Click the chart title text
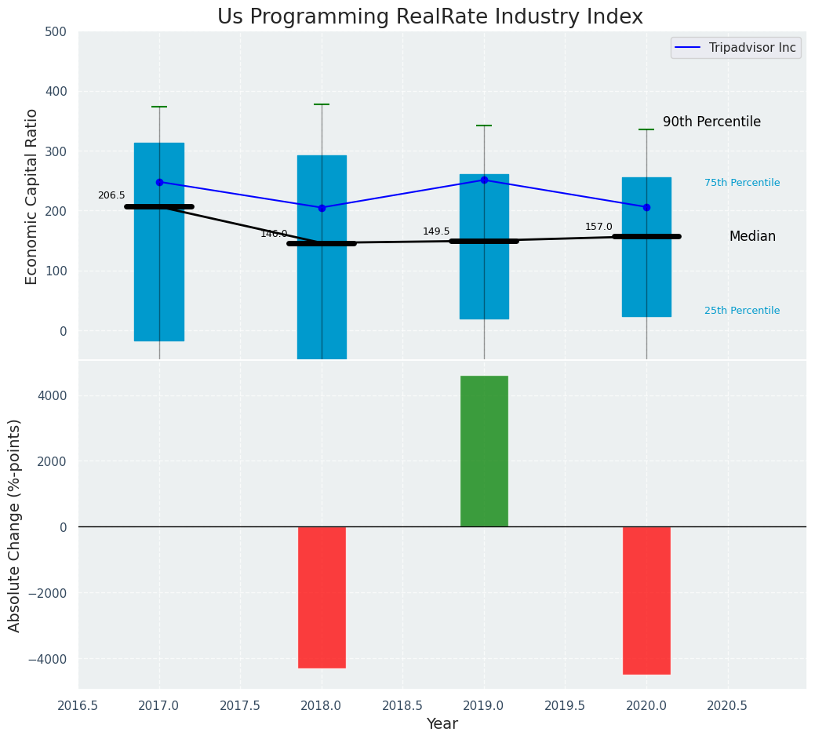pyautogui.click(x=430, y=17)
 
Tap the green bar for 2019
pyautogui.click(x=484, y=451)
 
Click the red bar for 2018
pyautogui.click(x=322, y=597)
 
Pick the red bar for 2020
pyautogui.click(x=646, y=600)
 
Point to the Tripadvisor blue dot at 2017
pyautogui.click(x=159, y=182)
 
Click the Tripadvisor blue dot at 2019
pyautogui.click(x=484, y=180)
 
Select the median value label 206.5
pyautogui.click(x=111, y=195)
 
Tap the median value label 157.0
pyautogui.click(x=599, y=227)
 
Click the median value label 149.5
pyautogui.click(x=436, y=231)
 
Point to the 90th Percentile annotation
pyautogui.click(x=711, y=122)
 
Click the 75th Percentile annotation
pyautogui.click(x=742, y=183)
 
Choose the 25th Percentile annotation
pyautogui.click(x=742, y=311)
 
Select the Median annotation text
pyautogui.click(x=752, y=237)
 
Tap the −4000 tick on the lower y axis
pyautogui.click(x=46, y=659)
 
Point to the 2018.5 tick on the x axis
pyautogui.click(x=403, y=705)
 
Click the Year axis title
pyautogui.click(x=442, y=724)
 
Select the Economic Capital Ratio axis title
pyautogui.click(x=32, y=196)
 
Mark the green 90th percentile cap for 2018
pyautogui.click(x=322, y=104)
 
